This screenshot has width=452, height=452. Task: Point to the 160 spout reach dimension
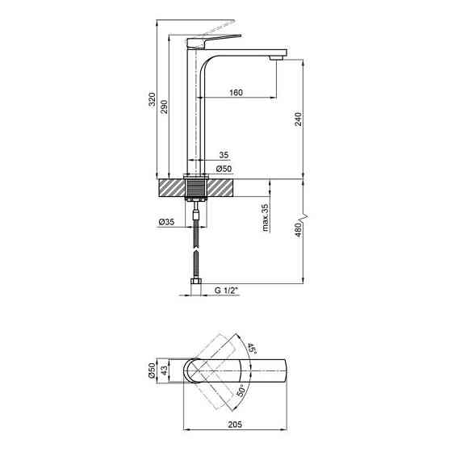[x=236, y=93]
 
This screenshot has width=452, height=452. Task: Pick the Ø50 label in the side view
[x=225, y=169]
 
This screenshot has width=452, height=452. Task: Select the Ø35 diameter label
[x=167, y=222]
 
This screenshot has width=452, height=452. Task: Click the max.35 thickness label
[x=266, y=219]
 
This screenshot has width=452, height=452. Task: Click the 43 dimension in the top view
[x=165, y=370]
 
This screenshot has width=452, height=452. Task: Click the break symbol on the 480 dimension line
[x=303, y=218]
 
